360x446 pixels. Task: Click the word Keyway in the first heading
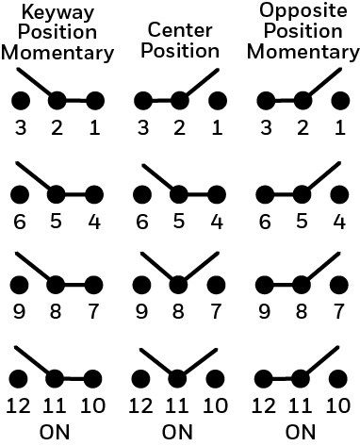[x=57, y=14]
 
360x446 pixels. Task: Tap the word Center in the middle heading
[x=180, y=30]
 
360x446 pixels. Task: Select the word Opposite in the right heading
[x=303, y=11]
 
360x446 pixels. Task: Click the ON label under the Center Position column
[x=177, y=432]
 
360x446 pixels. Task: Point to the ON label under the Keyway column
[x=55, y=432]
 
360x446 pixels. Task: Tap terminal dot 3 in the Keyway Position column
[x=21, y=101]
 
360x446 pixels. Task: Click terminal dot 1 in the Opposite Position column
[x=340, y=101]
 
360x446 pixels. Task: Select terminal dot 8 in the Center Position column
[x=178, y=285]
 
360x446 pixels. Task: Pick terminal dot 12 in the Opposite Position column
[x=264, y=379]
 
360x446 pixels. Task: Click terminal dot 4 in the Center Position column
[x=217, y=194]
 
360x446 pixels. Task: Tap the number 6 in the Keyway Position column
[x=20, y=222]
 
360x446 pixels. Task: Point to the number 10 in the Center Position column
[x=215, y=405]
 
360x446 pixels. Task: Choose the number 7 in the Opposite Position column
[x=338, y=311]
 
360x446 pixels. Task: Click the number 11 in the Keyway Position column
[x=55, y=405]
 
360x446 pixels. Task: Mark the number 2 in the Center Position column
[x=179, y=128]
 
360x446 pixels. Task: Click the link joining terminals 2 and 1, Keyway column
[x=75, y=101]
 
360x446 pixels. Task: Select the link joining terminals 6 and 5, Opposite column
[x=283, y=194]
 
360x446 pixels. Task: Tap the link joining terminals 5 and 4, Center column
[x=198, y=194]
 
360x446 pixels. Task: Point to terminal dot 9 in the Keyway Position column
[x=20, y=285]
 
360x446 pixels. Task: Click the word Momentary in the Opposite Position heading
[x=303, y=52]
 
